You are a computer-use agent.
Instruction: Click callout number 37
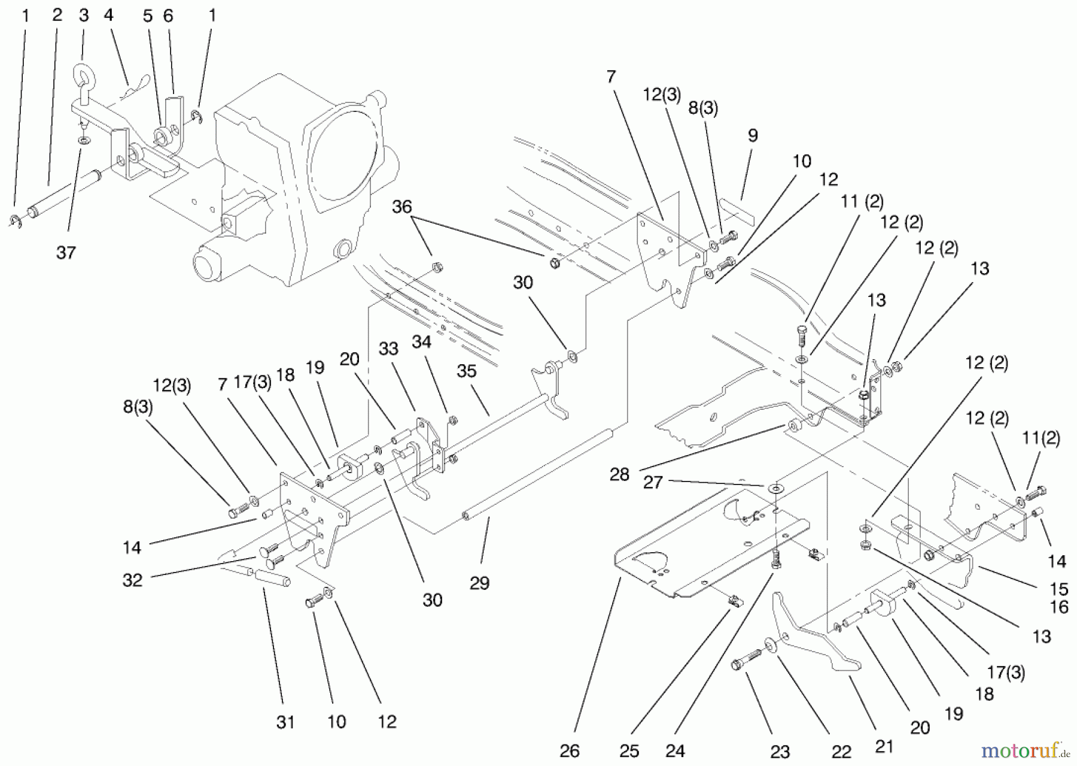click(x=66, y=253)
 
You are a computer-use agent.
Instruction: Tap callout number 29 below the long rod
click(x=479, y=583)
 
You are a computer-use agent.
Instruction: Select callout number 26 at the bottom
click(x=569, y=751)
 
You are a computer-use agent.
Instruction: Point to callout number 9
click(x=753, y=135)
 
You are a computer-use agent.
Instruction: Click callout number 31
click(x=285, y=722)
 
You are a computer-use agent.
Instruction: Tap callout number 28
click(x=619, y=474)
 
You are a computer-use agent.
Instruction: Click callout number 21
click(x=884, y=746)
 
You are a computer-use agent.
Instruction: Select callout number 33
click(x=388, y=349)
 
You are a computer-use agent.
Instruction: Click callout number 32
click(x=132, y=580)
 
